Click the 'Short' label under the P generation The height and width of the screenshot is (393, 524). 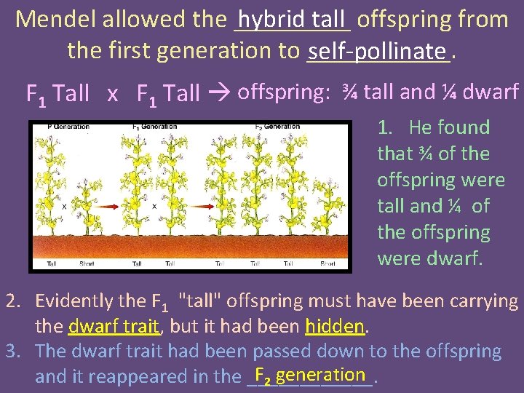87,264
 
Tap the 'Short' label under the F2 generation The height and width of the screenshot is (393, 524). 348,264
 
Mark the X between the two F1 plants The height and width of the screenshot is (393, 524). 154,207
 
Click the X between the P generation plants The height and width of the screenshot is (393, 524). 65,207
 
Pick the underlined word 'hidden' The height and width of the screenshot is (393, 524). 335,326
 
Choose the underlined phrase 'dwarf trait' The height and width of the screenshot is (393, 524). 113,326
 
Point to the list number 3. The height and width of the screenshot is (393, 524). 12,352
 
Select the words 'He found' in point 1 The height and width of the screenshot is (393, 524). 449,127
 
